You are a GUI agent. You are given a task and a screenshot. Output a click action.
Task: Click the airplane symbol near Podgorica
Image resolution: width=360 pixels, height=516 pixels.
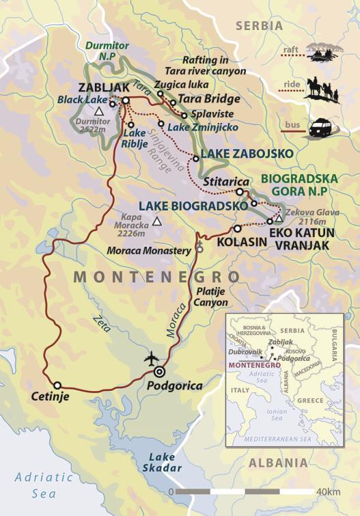tap(151, 358)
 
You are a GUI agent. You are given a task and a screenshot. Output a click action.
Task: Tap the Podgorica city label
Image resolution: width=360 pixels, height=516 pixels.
tap(175, 385)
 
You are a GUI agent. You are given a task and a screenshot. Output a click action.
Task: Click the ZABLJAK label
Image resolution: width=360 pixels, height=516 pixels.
tap(102, 88)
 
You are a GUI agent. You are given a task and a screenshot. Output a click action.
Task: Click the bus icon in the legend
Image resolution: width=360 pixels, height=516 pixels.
tap(321, 128)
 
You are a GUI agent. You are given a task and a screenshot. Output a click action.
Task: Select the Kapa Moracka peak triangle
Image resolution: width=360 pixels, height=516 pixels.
tap(158, 221)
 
